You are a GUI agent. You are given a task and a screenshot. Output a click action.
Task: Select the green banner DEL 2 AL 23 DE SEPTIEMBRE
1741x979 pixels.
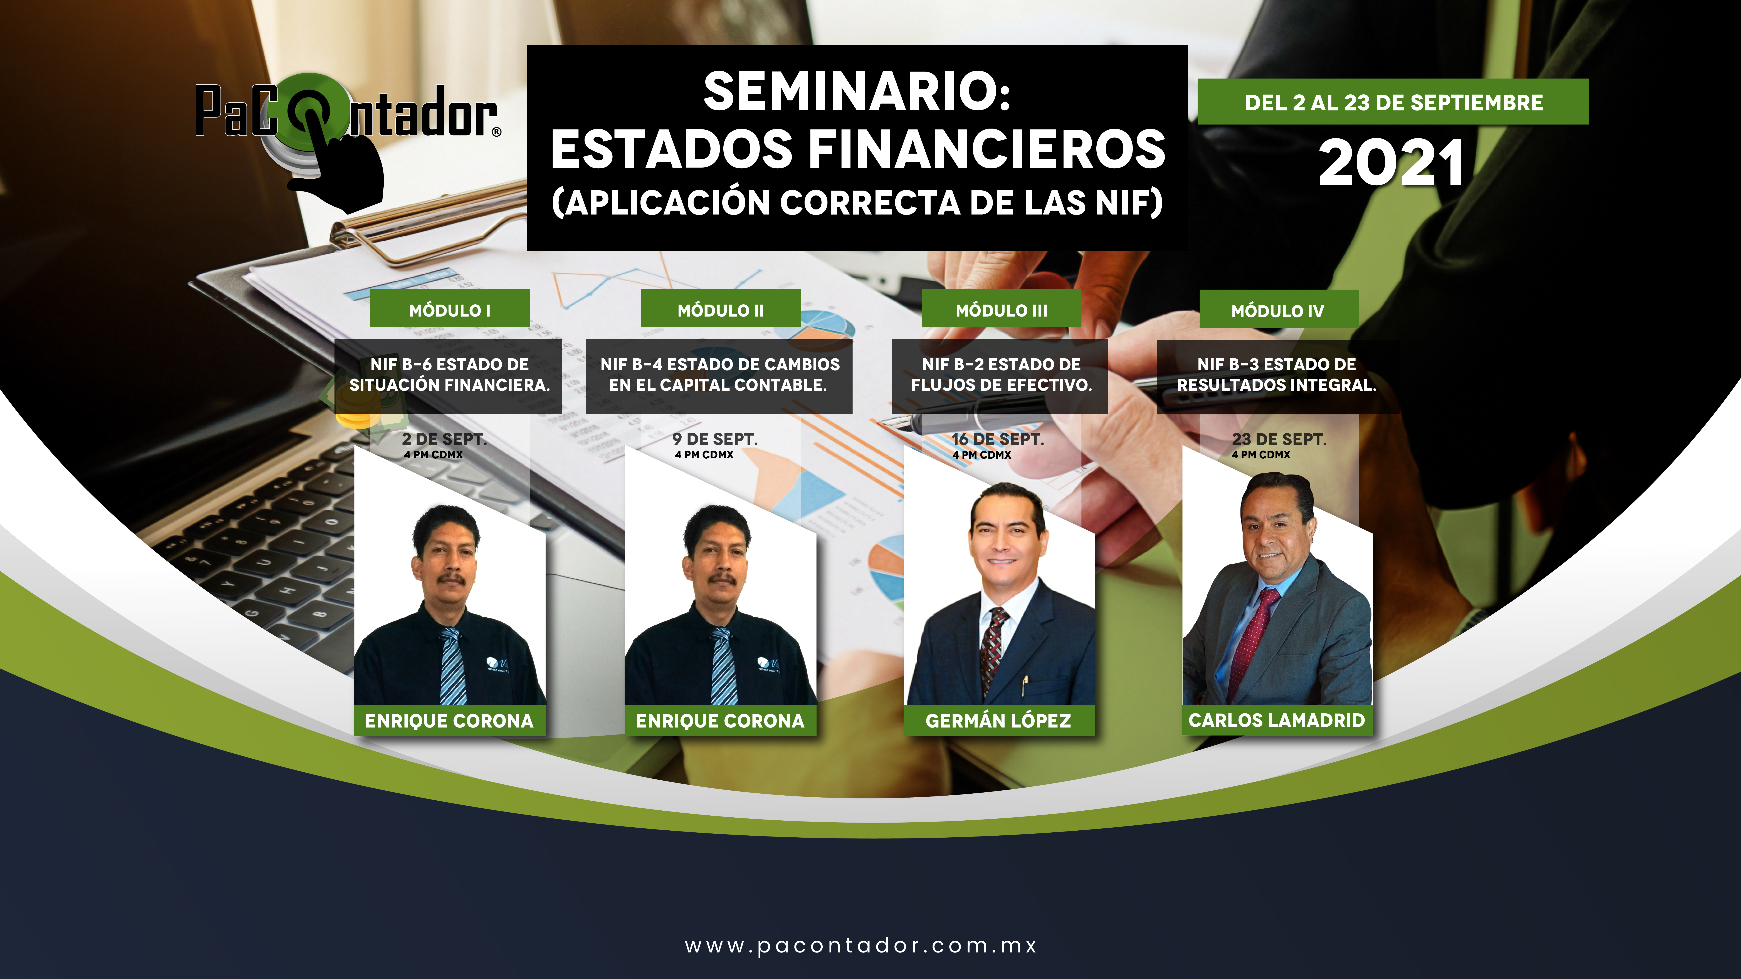1393,102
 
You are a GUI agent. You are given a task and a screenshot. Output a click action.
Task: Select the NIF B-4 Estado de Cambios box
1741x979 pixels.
719,376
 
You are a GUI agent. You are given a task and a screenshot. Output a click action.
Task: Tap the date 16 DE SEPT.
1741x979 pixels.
998,439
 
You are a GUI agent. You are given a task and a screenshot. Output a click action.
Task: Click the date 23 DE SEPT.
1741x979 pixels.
1279,439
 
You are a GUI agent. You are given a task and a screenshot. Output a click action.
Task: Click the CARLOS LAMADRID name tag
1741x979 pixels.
1277,720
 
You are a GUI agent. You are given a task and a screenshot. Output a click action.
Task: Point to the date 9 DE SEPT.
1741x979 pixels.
715,439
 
